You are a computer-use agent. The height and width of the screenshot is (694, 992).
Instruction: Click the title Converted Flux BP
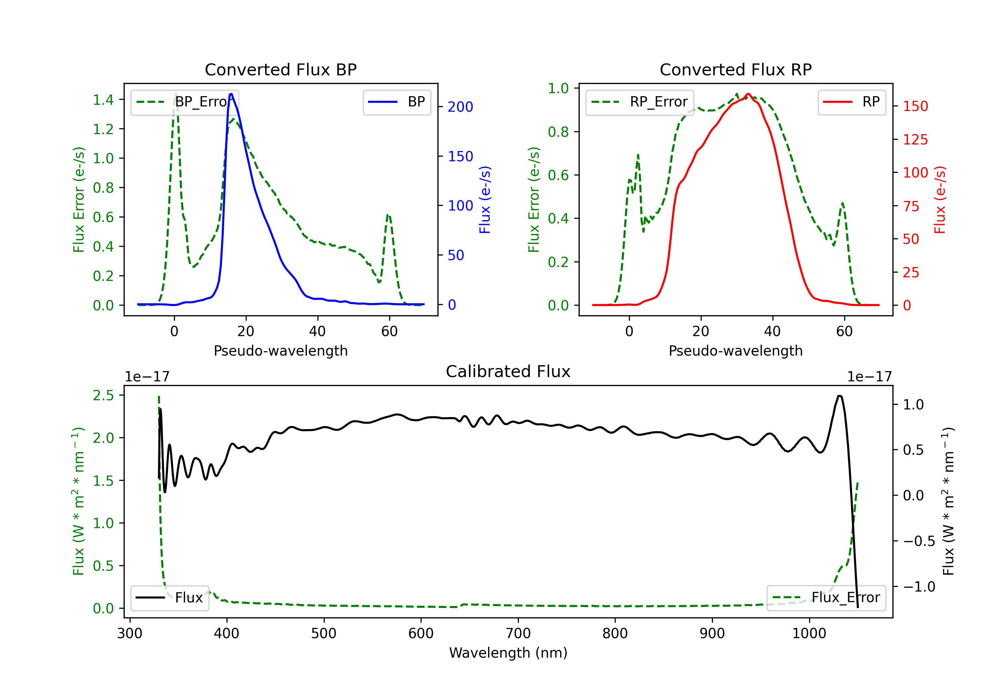tap(280, 69)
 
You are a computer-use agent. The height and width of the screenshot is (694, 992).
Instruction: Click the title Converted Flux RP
tap(735, 69)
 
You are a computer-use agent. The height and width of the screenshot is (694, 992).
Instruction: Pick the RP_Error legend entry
tap(640, 102)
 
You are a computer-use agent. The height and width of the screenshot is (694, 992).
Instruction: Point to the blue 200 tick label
tap(460, 107)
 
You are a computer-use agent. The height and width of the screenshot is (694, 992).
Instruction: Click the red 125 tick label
tap(915, 139)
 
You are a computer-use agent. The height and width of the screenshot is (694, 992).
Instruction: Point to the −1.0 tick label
tap(919, 587)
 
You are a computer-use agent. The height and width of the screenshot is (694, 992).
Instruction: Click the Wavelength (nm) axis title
tap(508, 653)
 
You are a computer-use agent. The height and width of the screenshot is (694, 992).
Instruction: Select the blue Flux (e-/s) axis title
tap(485, 200)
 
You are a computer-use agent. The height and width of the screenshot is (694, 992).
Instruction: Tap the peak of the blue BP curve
tap(231, 94)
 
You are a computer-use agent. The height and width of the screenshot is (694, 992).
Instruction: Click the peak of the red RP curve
tap(748, 94)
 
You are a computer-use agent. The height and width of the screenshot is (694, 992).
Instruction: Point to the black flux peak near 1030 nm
tap(839, 396)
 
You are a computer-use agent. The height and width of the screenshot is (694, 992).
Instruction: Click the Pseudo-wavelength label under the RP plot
tap(735, 351)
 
